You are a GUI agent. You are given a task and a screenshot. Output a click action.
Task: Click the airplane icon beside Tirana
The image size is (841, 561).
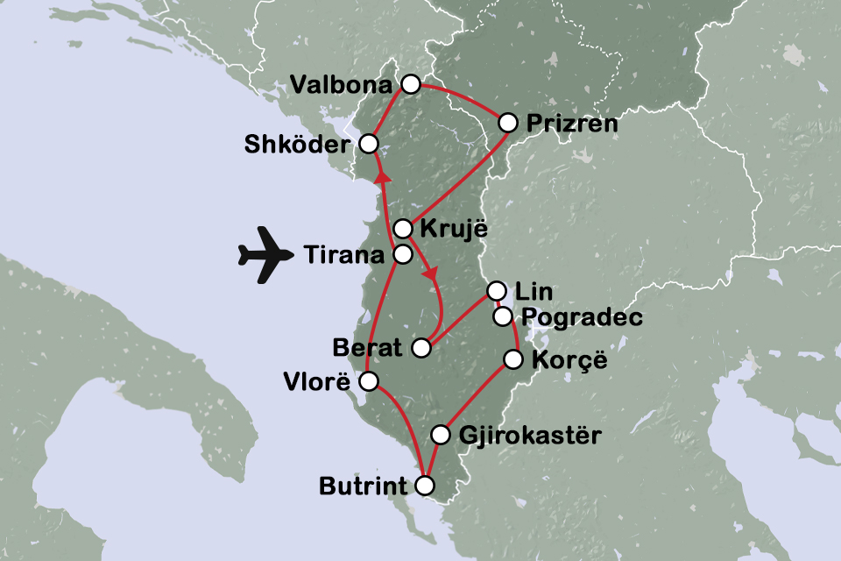pyautogui.click(x=265, y=255)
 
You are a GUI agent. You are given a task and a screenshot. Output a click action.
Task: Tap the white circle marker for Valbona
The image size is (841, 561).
pyautogui.click(x=410, y=84)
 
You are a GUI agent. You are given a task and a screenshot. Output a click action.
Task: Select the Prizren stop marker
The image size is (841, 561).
pyautogui.click(x=507, y=123)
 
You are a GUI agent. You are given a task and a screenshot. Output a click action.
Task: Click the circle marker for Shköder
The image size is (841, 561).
pyautogui.click(x=369, y=143)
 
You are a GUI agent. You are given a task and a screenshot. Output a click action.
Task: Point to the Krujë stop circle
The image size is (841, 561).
pyautogui.click(x=402, y=229)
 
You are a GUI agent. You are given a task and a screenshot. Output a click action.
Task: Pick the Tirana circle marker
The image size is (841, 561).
pyautogui.click(x=402, y=255)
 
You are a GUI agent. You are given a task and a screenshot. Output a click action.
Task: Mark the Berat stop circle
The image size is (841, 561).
pyautogui.click(x=420, y=348)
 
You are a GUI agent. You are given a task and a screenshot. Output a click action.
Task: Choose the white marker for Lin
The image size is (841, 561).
pyautogui.click(x=496, y=290)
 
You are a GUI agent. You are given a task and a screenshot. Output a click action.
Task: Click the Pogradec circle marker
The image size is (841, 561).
pyautogui.click(x=503, y=316)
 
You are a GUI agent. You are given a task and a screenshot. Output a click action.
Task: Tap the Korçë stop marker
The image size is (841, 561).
pyautogui.click(x=514, y=359)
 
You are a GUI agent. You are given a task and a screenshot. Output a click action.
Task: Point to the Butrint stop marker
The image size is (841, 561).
pyautogui.click(x=425, y=485)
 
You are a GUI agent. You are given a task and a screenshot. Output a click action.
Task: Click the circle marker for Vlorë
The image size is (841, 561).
pyautogui.click(x=369, y=381)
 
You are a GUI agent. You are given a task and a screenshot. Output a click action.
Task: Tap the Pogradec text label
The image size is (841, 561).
pyautogui.click(x=582, y=317)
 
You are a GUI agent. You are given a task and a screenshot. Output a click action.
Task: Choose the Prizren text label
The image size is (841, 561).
pyautogui.click(x=572, y=124)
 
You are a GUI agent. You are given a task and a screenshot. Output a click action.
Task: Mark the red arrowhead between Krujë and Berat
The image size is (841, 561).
pyautogui.click(x=430, y=274)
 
